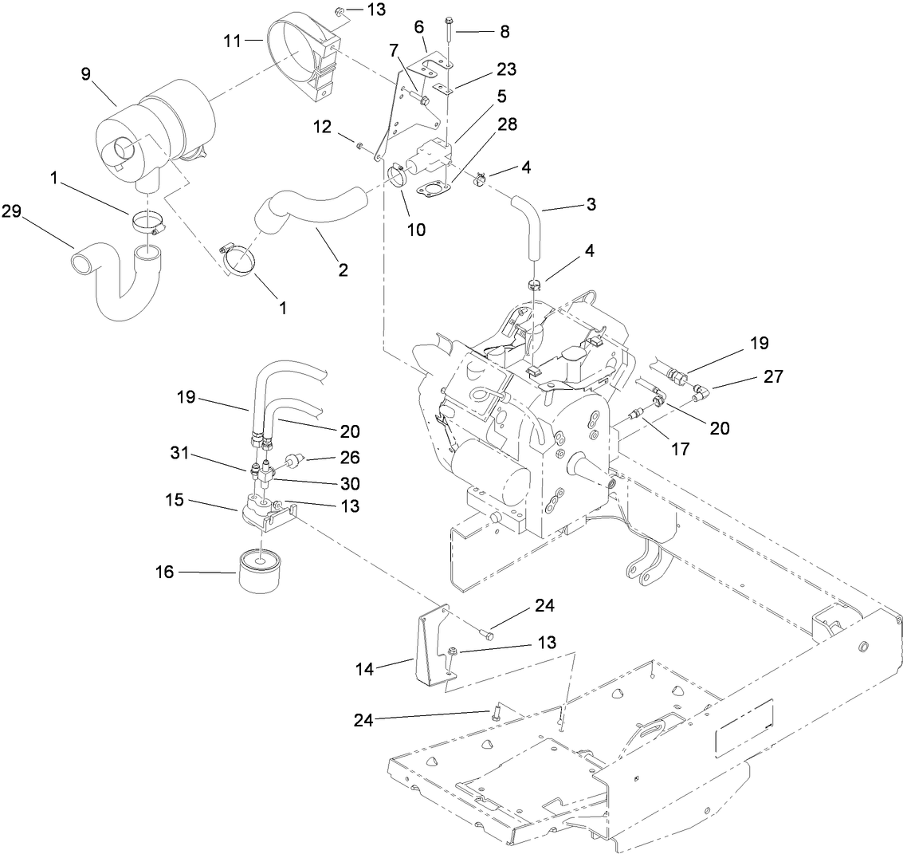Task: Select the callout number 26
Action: [350, 458]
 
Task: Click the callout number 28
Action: [508, 124]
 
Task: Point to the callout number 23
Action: [505, 69]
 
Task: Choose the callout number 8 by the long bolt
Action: [504, 33]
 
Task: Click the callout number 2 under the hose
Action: [343, 270]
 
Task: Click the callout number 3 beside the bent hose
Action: [591, 204]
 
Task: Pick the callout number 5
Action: [502, 96]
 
